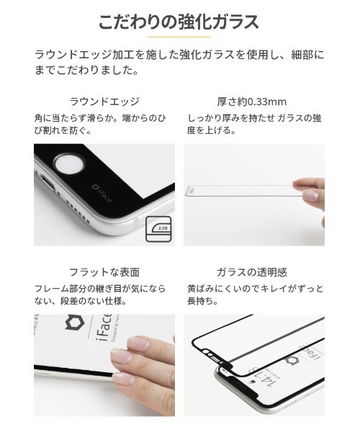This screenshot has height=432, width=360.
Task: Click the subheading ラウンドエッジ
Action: (x=104, y=102)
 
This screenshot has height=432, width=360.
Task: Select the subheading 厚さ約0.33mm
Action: (x=253, y=102)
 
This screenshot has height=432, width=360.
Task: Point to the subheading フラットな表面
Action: (x=104, y=272)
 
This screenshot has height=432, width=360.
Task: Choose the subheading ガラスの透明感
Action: (x=253, y=272)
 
